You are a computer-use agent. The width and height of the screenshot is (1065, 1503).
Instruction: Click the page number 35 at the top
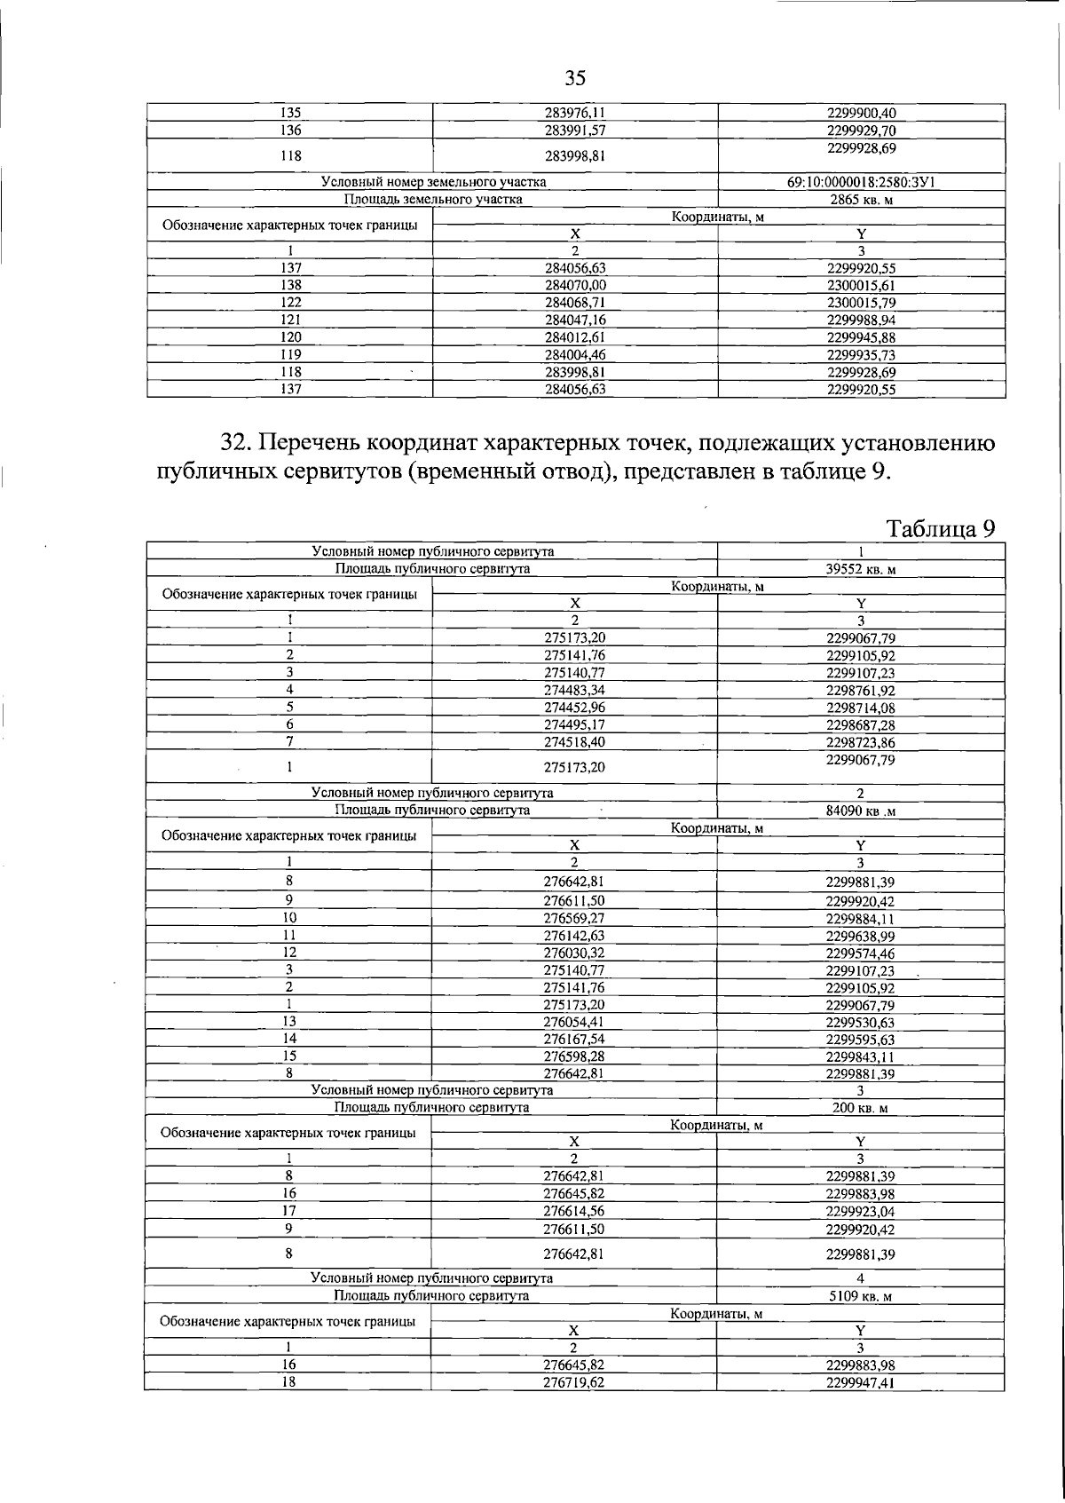[x=575, y=79]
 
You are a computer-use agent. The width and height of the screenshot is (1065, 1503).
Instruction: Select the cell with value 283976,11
[x=574, y=113]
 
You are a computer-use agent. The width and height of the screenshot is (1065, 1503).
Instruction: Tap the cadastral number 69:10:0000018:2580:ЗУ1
[x=861, y=182]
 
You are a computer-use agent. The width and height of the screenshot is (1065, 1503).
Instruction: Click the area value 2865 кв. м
[x=861, y=200]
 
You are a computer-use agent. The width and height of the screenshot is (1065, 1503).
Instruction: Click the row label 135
[x=290, y=113]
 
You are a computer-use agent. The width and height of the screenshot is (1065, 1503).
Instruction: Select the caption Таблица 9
[x=941, y=529]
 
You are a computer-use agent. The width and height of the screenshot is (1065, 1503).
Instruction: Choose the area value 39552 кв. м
[x=860, y=570]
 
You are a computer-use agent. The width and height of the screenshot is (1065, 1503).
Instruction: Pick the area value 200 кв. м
[x=860, y=1108]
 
